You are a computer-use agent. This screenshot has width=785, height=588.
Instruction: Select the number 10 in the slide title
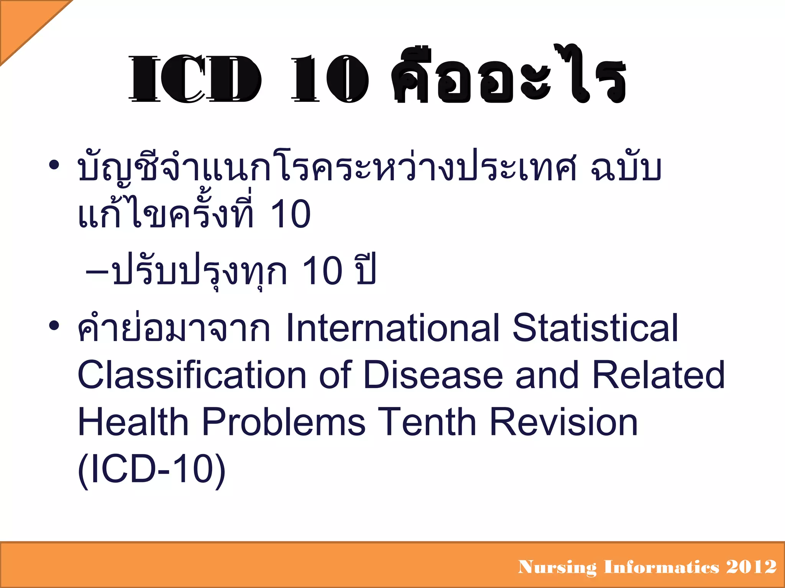point(330,79)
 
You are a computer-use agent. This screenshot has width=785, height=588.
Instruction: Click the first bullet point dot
point(54,165)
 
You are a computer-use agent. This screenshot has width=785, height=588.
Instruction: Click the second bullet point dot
point(54,326)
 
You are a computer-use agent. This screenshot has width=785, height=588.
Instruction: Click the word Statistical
point(595,328)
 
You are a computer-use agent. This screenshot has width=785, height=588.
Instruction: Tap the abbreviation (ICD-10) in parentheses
point(152,470)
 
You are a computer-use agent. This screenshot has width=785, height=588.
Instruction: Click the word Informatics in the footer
point(662,567)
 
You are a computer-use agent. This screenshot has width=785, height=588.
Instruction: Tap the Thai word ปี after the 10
point(366,270)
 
